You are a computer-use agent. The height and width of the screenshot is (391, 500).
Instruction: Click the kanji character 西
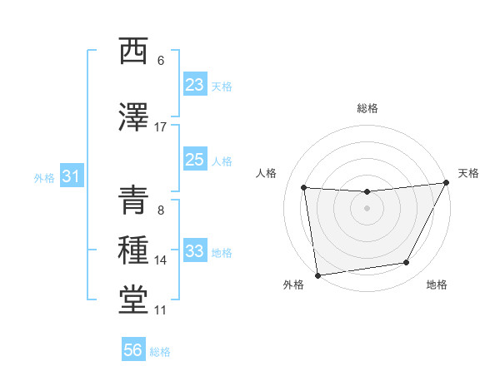(133, 52)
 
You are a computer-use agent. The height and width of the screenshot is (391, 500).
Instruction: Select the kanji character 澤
(133, 117)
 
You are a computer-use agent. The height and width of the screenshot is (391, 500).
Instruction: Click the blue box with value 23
(195, 85)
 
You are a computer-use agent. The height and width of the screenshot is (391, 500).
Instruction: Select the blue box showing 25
(195, 160)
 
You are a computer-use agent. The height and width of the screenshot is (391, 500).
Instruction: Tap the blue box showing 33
(195, 251)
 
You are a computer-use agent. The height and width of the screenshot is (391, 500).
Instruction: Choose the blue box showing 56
(133, 350)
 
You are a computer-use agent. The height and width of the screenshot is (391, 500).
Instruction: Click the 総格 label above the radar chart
(367, 108)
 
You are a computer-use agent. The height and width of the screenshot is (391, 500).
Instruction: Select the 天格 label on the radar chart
(468, 173)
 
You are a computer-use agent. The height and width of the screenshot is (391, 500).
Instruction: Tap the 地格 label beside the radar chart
(437, 285)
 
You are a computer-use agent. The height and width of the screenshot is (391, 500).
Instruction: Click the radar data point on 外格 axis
(317, 275)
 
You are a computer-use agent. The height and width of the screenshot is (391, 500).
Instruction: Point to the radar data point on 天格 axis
(447, 182)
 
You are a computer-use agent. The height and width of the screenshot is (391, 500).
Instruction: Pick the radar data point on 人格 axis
(303, 188)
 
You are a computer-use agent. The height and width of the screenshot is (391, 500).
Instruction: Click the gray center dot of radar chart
(367, 208)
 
